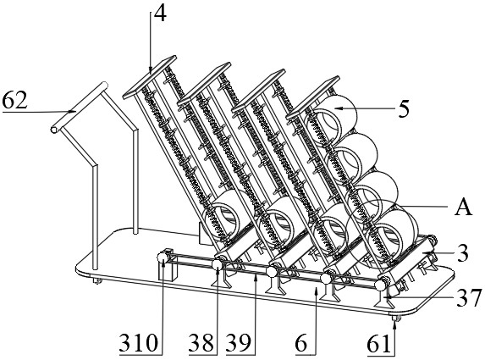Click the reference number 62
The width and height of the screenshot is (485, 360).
pyautogui.click(x=14, y=101)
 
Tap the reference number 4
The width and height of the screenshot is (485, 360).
pyautogui.click(x=160, y=13)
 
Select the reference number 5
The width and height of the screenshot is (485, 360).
pyautogui.click(x=404, y=108)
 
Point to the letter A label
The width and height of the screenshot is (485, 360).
pyautogui.click(x=463, y=207)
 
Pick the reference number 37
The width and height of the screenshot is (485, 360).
pyautogui.click(x=469, y=297)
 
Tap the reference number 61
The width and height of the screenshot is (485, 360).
pyautogui.click(x=379, y=344)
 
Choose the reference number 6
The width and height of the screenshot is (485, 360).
pyautogui.click(x=302, y=344)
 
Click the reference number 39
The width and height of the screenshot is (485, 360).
pyautogui.click(x=239, y=344)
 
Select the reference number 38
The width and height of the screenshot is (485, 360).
pyautogui.click(x=201, y=344)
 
